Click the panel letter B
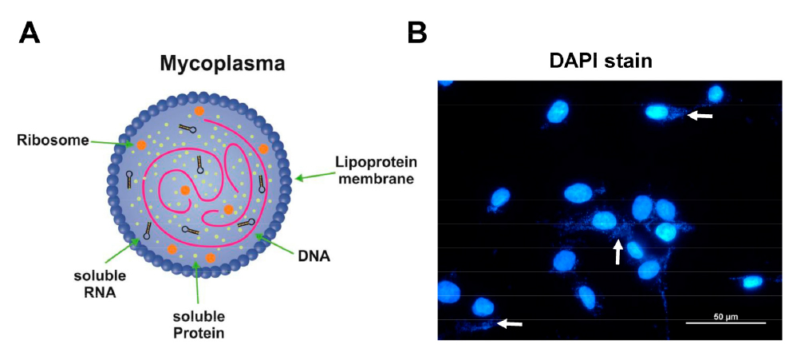point(416,33)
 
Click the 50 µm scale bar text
point(725,316)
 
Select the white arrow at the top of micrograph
point(700,116)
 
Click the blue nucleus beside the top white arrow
point(658,112)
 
